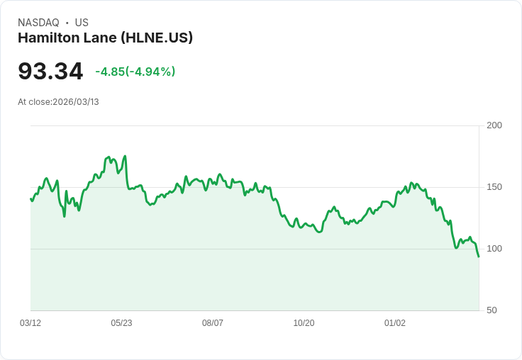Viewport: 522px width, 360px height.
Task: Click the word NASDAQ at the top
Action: pos(38,23)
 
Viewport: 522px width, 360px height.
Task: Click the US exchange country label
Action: pos(82,23)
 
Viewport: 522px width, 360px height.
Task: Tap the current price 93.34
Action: pos(50,71)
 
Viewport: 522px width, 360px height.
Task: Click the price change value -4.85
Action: pos(110,72)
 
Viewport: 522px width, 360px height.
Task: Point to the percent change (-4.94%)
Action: pos(150,72)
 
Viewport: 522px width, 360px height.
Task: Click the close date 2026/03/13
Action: pos(76,102)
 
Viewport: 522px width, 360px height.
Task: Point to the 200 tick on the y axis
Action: pos(494,125)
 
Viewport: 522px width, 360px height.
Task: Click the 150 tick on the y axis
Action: pos(494,187)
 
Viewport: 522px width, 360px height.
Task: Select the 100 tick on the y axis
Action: pos(494,249)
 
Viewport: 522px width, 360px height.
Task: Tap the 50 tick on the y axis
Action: pos(492,310)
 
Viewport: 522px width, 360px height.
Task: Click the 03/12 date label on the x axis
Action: pos(30,323)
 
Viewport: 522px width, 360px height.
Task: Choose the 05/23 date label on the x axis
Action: pos(121,323)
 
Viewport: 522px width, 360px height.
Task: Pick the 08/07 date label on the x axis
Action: pos(213,323)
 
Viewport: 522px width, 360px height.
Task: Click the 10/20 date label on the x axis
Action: pos(304,323)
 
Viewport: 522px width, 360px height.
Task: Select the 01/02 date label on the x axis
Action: pos(395,323)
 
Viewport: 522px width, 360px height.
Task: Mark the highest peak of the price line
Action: pos(125,156)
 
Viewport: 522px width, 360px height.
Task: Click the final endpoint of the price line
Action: pos(479,257)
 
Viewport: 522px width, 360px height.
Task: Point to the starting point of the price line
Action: pos(30,198)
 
